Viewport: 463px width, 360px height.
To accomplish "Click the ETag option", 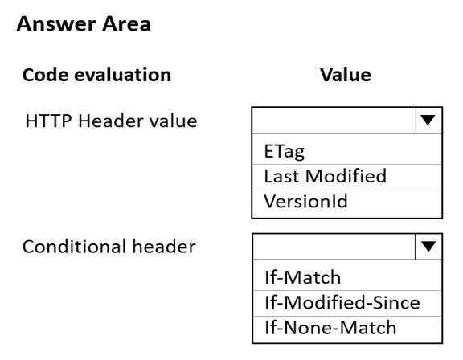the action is pyautogui.click(x=284, y=151).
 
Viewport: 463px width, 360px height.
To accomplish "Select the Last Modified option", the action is pyautogui.click(x=325, y=176).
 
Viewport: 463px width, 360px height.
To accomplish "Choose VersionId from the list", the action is pyautogui.click(x=305, y=201).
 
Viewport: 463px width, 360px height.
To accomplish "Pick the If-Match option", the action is pyautogui.click(x=303, y=277).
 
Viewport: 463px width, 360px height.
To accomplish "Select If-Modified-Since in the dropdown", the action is pyautogui.click(x=342, y=302).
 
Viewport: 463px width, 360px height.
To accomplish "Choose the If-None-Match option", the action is pyautogui.click(x=330, y=328).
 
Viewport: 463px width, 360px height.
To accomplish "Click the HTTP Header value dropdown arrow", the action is pyautogui.click(x=428, y=120).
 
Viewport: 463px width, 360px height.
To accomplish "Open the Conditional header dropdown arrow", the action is pyautogui.click(x=428, y=247).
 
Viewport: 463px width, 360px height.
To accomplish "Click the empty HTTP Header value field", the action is pyautogui.click(x=334, y=120).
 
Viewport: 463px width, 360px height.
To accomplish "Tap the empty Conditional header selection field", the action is pyautogui.click(x=334, y=247).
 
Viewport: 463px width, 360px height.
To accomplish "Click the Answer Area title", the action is pyautogui.click(x=84, y=23).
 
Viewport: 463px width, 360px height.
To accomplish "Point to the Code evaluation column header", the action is pyautogui.click(x=96, y=75).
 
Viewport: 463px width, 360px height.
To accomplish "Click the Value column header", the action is pyautogui.click(x=346, y=75).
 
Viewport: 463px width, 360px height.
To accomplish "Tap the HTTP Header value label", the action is pyautogui.click(x=111, y=121).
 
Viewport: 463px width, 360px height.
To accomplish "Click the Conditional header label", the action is pyautogui.click(x=109, y=247).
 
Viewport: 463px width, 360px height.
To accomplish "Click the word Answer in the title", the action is pyautogui.click(x=56, y=23).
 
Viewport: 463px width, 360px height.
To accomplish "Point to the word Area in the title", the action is pyautogui.click(x=127, y=23).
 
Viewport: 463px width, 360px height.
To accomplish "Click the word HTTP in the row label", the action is pyautogui.click(x=49, y=121).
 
